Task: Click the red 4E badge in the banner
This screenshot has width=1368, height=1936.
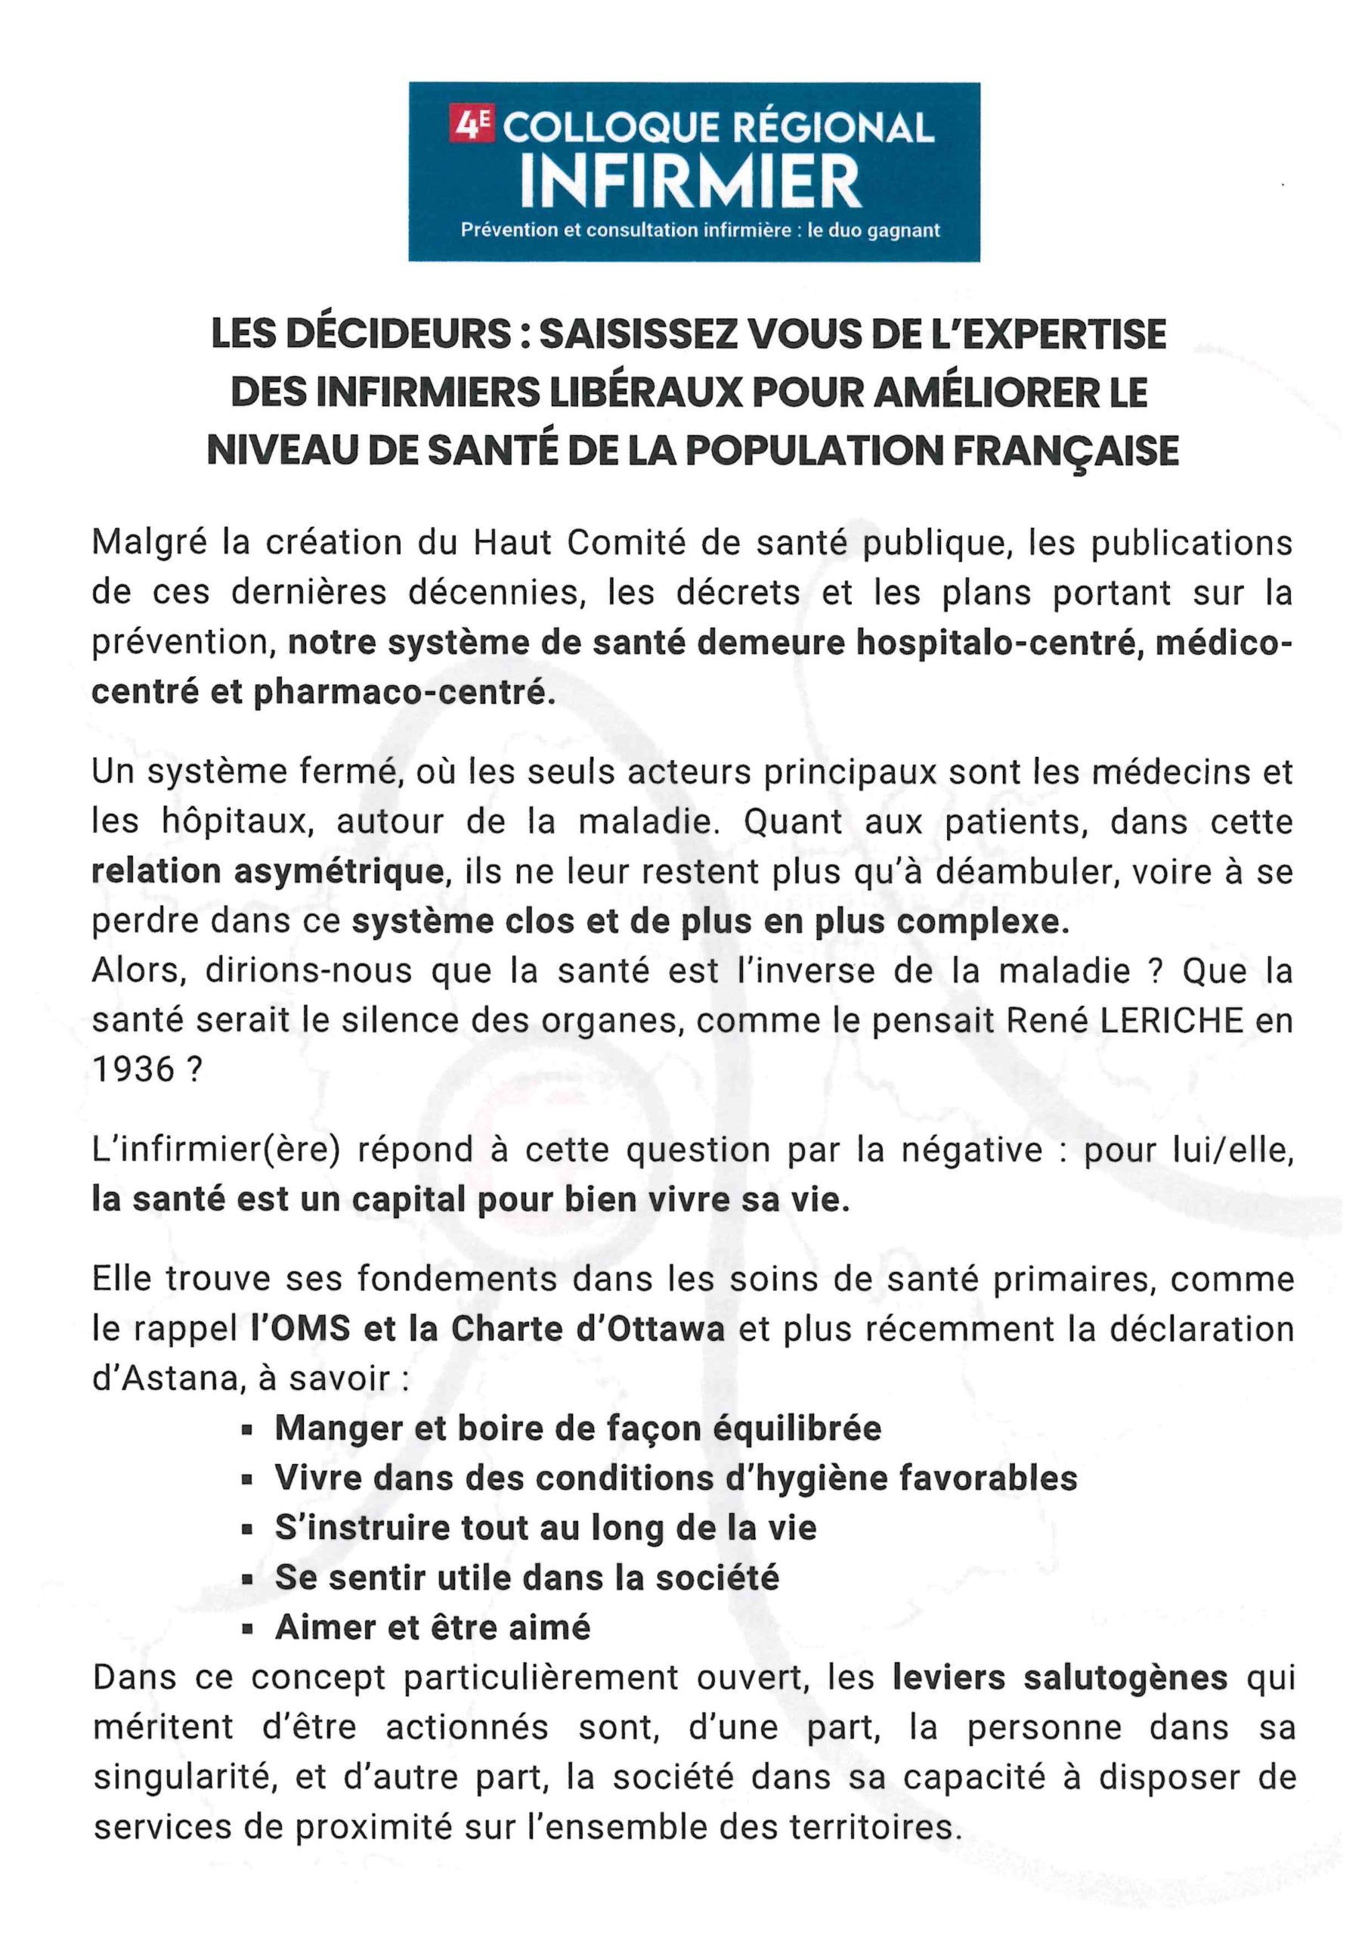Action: tap(473, 126)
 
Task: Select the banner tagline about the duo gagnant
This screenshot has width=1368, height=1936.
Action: tap(700, 230)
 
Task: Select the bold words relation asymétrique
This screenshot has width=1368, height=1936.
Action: tap(268, 871)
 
